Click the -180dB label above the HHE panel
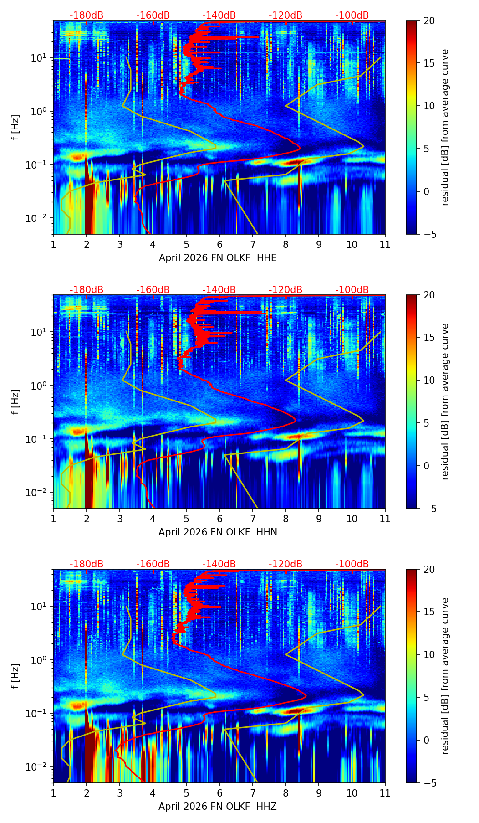click(87, 15)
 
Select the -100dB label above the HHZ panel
click(352, 564)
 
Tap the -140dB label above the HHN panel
click(219, 290)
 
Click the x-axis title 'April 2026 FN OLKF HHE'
click(218, 258)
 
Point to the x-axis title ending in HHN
click(218, 532)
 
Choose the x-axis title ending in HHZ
click(218, 807)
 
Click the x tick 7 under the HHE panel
click(253, 244)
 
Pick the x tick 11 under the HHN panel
click(385, 519)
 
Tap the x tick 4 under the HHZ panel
click(153, 793)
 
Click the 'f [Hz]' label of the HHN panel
click(15, 401)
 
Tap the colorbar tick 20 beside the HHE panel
click(429, 21)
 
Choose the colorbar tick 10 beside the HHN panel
click(429, 380)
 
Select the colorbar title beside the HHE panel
click(445, 127)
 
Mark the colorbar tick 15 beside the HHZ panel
click(429, 612)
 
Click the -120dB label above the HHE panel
click(285, 15)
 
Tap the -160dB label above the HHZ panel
click(153, 564)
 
